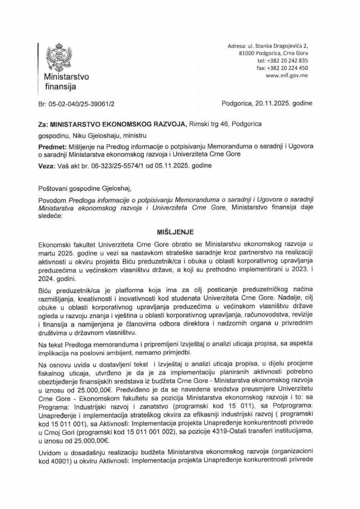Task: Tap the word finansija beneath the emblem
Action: (x=60, y=85)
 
